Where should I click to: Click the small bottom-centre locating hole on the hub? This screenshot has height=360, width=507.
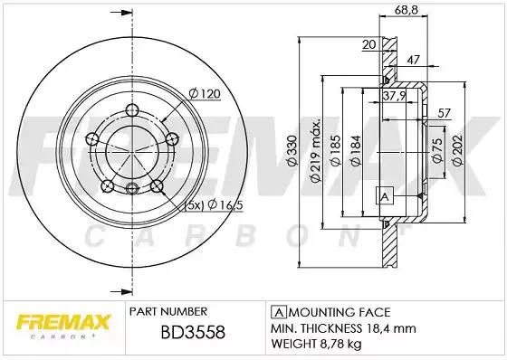132,188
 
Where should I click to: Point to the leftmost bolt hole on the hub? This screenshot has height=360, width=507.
91,137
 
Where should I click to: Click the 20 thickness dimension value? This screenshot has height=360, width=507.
368,43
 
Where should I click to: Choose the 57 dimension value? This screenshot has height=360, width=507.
444,112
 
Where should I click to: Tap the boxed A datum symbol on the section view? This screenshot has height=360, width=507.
384,197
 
